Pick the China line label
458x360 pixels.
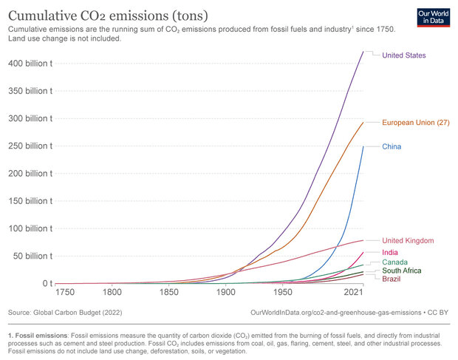pos(392,146)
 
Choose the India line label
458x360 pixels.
pos(390,253)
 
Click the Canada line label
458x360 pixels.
pos(394,262)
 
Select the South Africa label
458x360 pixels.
pos(401,271)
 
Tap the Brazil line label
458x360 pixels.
pos(392,279)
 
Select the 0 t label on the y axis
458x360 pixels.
pos(46,283)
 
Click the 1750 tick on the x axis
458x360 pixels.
pos(66,292)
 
